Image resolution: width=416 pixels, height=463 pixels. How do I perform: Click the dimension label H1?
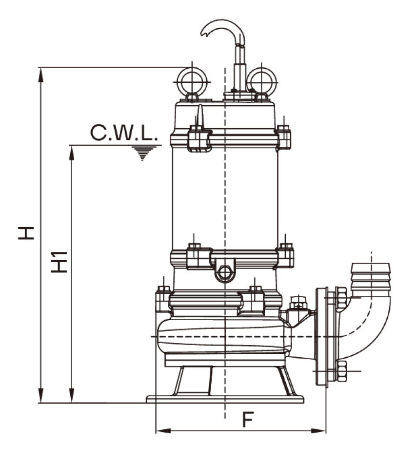coord(59,262)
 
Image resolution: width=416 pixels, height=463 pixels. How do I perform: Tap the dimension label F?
coord(248,419)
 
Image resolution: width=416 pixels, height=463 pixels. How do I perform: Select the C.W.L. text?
coord(124,133)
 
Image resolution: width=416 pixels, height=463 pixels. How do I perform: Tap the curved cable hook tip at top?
coord(203,33)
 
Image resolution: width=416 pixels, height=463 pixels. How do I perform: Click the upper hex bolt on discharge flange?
coord(342,297)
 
